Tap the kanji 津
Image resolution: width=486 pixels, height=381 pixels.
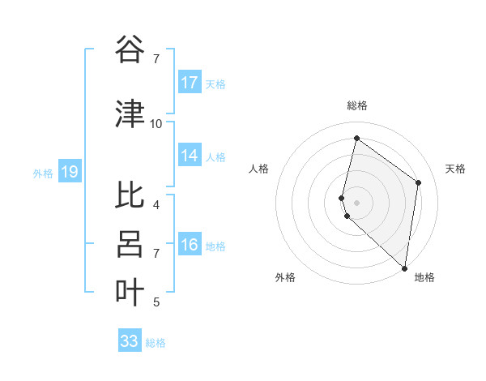tap(130, 113)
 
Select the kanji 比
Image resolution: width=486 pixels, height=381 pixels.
tap(130, 196)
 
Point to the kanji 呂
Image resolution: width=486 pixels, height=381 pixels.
tap(130, 244)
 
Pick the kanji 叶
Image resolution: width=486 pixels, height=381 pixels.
tap(130, 292)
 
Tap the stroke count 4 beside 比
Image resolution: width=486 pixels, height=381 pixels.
tap(156, 204)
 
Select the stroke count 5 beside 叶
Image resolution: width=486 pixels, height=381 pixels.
tap(156, 302)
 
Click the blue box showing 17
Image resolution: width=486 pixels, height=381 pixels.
tap(190, 83)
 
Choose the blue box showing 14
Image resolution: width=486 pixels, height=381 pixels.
tap(190, 156)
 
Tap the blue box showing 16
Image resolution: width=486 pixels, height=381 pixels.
tap(190, 245)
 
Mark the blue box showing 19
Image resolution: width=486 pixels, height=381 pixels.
tap(69, 172)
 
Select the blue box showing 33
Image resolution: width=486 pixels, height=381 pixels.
tap(130, 341)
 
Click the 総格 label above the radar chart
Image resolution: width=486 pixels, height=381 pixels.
tap(357, 105)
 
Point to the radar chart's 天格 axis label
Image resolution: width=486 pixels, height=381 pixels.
tap(455, 169)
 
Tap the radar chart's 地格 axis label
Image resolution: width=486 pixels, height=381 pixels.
tap(424, 277)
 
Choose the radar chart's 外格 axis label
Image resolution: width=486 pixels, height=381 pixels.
tap(285, 277)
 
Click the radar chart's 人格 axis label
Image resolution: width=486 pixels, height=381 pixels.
tap(258, 169)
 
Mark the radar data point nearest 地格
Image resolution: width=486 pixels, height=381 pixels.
tap(404, 268)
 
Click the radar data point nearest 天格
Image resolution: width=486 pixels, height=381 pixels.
tap(419, 182)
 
